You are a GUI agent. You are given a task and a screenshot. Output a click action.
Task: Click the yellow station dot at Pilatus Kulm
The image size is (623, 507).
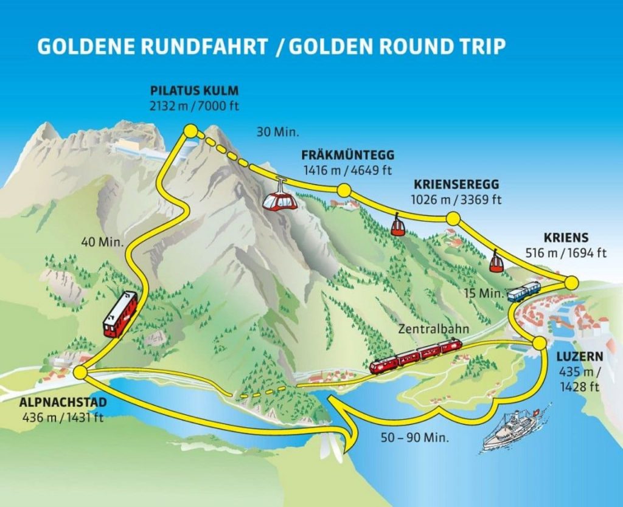pyautogui.click(x=190, y=131)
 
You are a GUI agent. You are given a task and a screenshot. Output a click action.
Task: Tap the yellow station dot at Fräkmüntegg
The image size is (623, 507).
pyautogui.click(x=344, y=191)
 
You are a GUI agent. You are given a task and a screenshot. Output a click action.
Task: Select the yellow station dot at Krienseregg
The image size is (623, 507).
pyautogui.click(x=453, y=219)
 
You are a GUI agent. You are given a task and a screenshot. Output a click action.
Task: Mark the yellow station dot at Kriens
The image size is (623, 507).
pyautogui.click(x=571, y=283)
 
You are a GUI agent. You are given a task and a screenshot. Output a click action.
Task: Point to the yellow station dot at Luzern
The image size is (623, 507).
pyautogui.click(x=538, y=343)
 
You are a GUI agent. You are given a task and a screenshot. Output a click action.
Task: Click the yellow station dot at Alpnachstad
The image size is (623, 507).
pyautogui.click(x=79, y=372)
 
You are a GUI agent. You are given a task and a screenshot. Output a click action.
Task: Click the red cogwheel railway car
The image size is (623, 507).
pyautogui.click(x=120, y=314)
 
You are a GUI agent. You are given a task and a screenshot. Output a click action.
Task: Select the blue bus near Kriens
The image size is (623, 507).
pyautogui.click(x=524, y=292)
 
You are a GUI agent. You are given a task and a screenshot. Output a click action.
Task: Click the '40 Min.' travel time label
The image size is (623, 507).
pyautogui.click(x=103, y=241)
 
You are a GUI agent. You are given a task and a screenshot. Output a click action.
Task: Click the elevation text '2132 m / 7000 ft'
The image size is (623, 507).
pyautogui.click(x=194, y=105)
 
